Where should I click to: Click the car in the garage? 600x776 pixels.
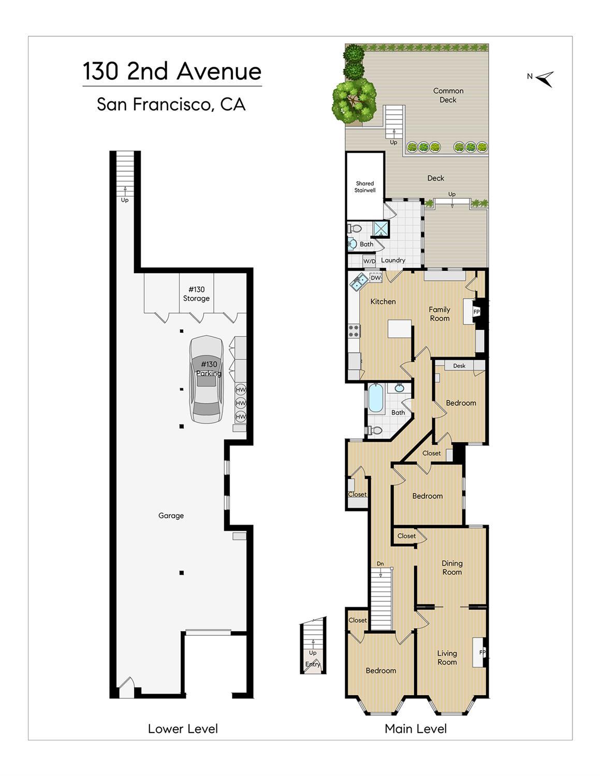tap(207, 379)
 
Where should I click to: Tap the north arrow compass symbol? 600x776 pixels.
tap(545, 79)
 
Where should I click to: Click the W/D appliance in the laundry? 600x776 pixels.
tap(369, 261)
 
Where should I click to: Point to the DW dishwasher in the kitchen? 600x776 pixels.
tap(376, 277)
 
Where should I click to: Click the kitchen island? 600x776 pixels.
tap(400, 329)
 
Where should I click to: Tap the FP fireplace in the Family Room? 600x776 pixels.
tap(476, 312)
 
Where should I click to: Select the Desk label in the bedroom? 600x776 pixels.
tap(459, 365)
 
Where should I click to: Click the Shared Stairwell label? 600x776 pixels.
tap(365, 187)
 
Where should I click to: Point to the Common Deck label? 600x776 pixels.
tap(448, 95)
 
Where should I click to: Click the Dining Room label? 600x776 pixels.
tap(452, 567)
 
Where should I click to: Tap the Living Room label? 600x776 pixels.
tap(447, 657)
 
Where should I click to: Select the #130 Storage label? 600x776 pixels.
tap(196, 294)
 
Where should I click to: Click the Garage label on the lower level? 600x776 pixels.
tap(171, 516)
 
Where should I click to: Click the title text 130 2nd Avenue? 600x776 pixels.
tap(172, 71)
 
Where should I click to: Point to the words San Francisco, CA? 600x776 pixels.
tap(171, 104)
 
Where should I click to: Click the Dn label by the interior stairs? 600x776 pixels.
tap(381, 564)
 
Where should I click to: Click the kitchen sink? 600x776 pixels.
tap(359, 282)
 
